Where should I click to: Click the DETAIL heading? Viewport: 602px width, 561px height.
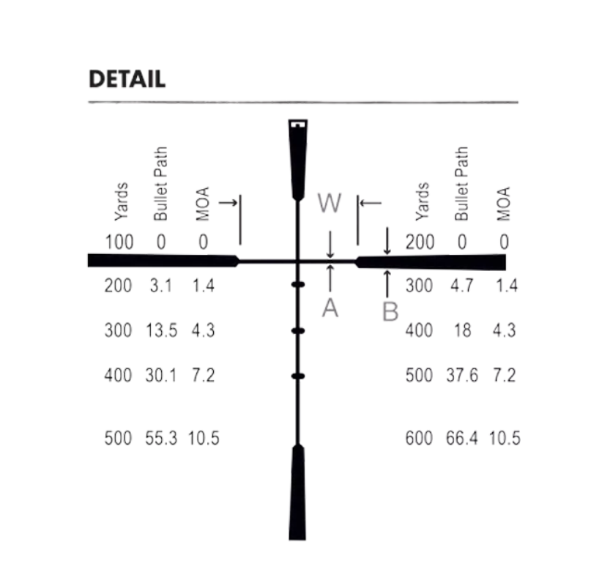pos(127,79)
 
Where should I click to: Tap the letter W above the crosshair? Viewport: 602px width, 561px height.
pos(330,203)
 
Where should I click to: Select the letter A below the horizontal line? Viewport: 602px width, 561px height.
pos(330,308)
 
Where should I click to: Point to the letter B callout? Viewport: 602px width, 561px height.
pos(390,311)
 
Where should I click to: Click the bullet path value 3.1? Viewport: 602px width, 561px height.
pos(161,286)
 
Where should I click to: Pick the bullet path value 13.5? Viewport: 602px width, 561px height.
pos(161,330)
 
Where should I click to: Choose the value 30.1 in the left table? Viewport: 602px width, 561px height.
pos(161,375)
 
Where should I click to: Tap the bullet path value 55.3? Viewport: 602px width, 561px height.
pos(161,439)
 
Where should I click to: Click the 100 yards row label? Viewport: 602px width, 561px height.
pos(119,242)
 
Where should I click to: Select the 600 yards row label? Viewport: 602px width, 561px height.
pos(419,439)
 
